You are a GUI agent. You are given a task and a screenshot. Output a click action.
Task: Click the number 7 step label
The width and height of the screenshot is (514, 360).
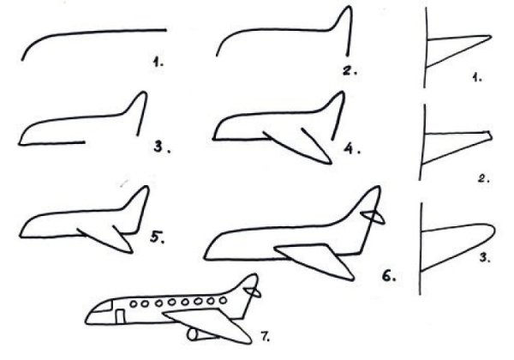tap(265, 336)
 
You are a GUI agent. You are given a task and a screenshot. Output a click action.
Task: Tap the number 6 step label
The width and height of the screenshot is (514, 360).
tap(389, 276)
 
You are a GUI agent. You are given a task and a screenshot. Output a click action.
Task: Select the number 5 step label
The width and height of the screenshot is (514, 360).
tap(157, 237)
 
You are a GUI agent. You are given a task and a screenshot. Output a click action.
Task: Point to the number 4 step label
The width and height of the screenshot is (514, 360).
tap(351, 149)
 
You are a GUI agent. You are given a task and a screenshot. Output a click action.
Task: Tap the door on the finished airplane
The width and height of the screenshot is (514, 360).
tap(120, 316)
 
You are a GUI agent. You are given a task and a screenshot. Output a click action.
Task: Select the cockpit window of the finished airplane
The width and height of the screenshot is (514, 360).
tap(102, 307)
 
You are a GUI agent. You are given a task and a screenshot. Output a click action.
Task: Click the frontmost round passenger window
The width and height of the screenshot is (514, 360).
tap(134, 304)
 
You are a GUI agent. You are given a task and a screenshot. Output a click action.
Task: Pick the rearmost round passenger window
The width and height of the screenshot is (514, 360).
tap(223, 300)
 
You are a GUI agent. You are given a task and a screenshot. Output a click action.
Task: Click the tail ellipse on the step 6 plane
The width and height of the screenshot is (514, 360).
tap(373, 217)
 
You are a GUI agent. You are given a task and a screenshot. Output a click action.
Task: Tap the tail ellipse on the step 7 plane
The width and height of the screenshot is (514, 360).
tap(252, 291)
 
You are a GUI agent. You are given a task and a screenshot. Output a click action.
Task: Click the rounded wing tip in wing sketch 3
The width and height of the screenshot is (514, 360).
tap(491, 231)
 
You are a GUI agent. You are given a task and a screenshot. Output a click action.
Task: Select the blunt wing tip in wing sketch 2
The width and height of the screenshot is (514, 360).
tap(490, 135)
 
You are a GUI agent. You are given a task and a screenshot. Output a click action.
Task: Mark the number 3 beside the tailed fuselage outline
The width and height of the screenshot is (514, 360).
tap(158, 147)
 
